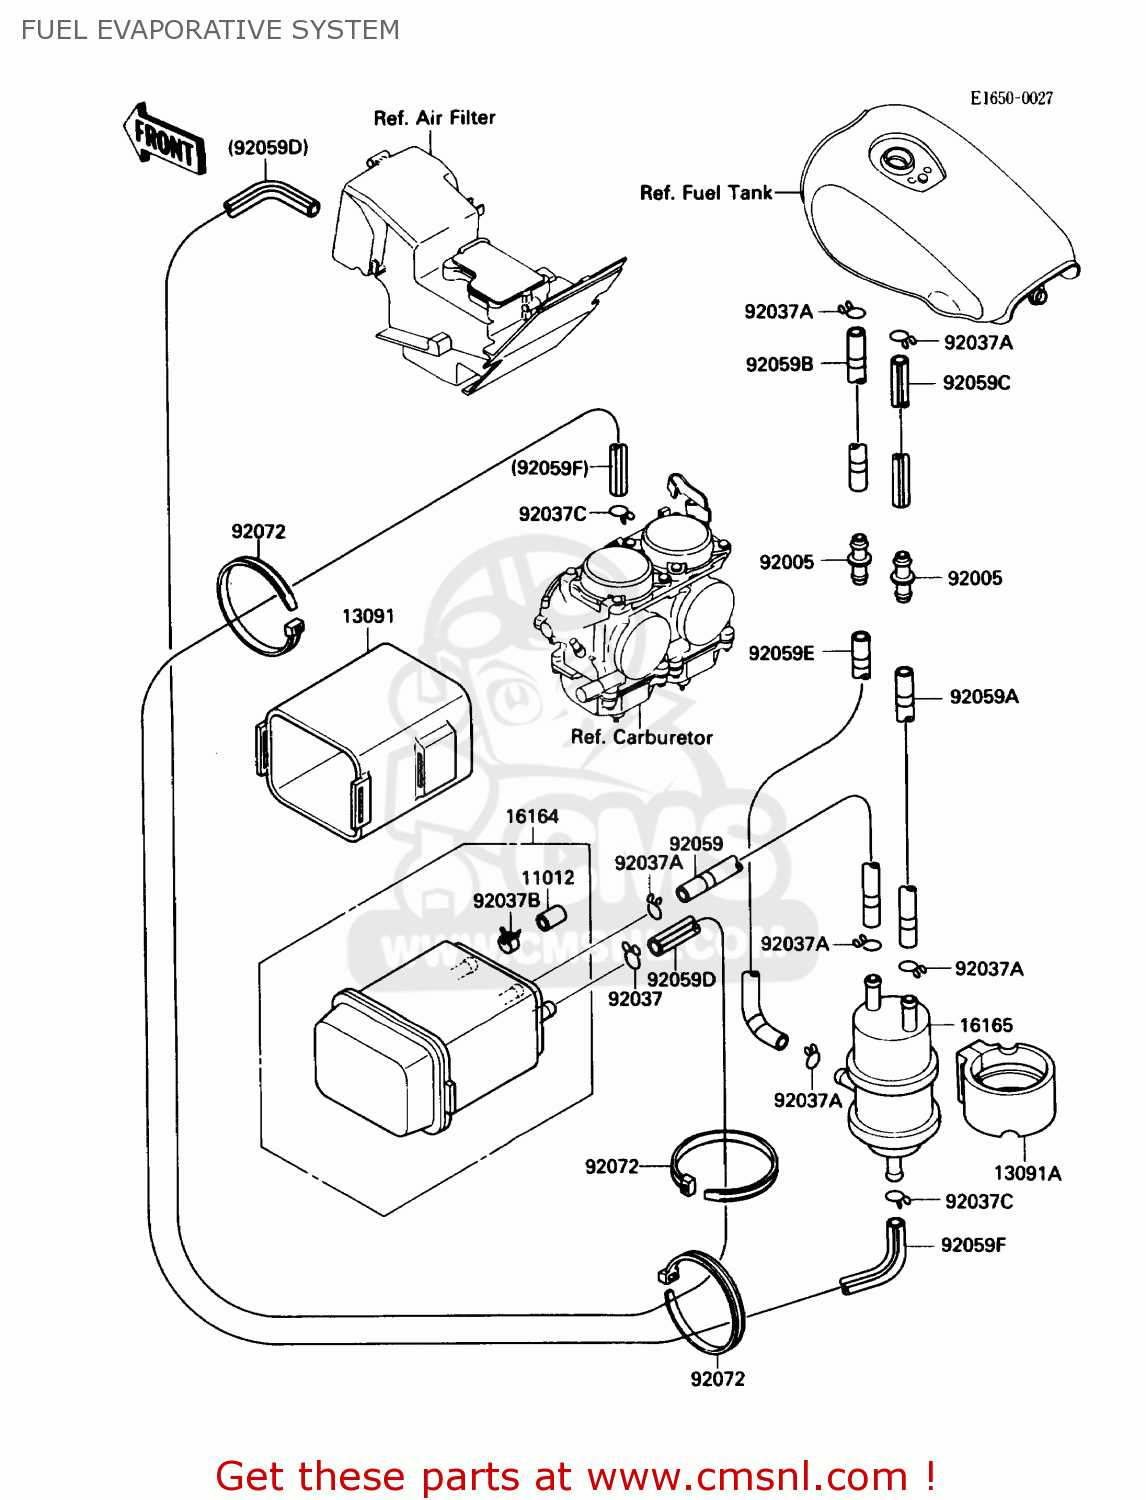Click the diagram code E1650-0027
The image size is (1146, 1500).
(x=1011, y=98)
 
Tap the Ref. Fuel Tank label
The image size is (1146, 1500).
(x=706, y=193)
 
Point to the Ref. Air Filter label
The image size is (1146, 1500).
(x=434, y=118)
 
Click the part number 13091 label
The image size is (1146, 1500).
(x=368, y=616)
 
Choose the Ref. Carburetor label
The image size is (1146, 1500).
(x=641, y=737)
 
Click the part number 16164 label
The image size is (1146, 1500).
(x=531, y=816)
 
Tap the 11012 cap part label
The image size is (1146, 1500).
(x=547, y=877)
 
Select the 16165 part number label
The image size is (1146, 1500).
(x=985, y=1025)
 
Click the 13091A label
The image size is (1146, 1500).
(x=1027, y=1173)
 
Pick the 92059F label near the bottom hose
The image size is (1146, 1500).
(x=973, y=1245)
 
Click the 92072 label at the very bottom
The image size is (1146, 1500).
(x=717, y=1379)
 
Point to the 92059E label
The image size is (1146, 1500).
(x=781, y=653)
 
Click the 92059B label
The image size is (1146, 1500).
(x=779, y=364)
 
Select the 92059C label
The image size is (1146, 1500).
(x=976, y=383)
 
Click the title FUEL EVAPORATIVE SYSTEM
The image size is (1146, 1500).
(x=210, y=30)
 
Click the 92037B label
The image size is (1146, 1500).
(x=506, y=901)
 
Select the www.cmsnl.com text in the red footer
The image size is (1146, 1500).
(x=747, y=1476)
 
